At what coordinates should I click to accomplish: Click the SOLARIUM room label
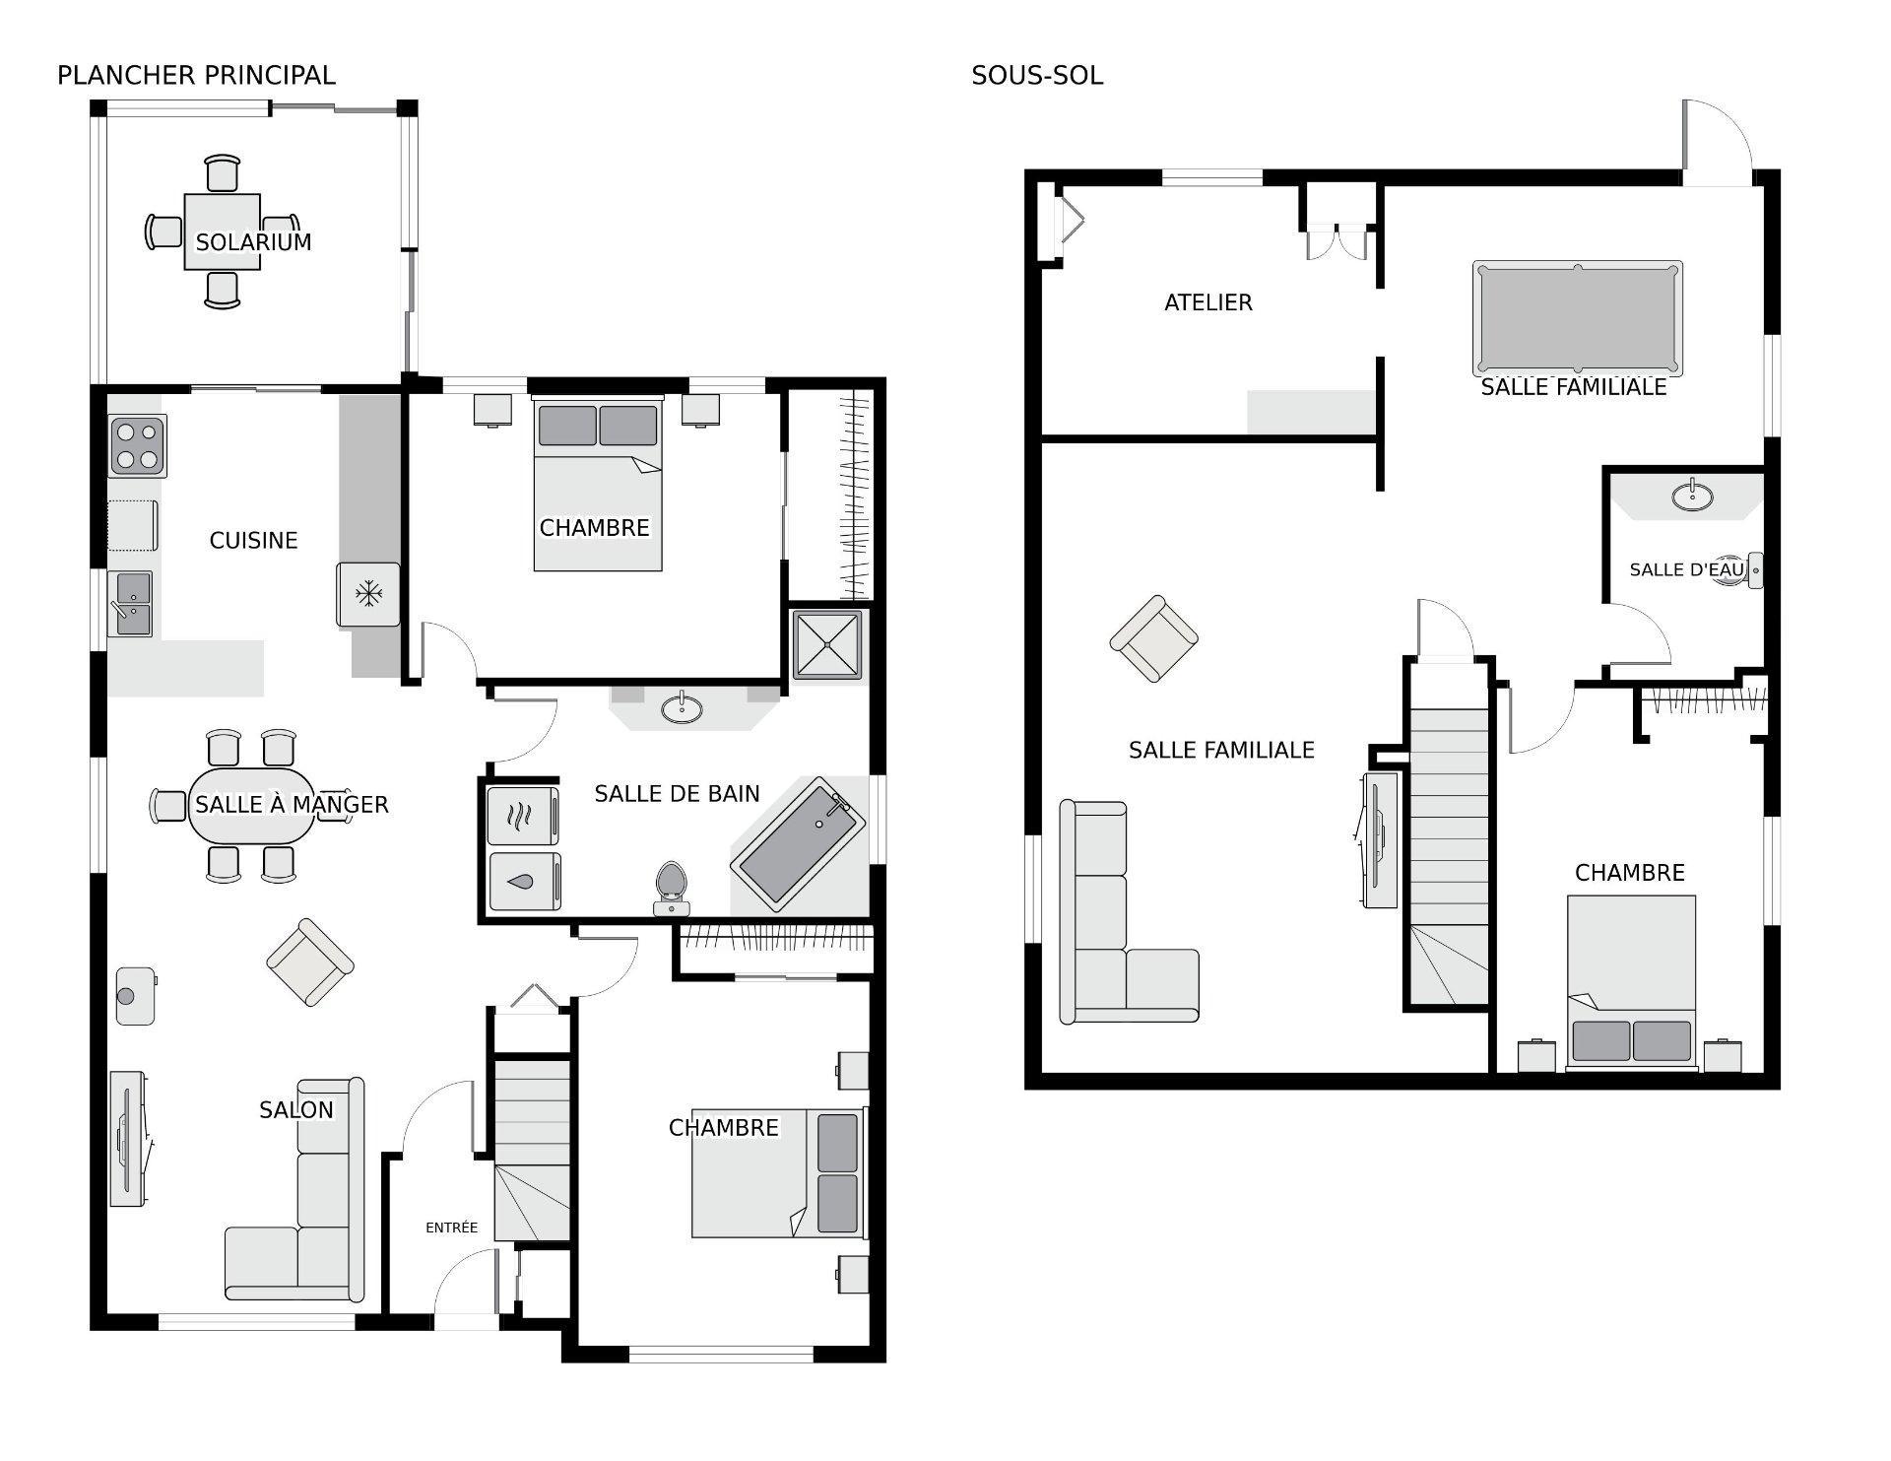coord(253,242)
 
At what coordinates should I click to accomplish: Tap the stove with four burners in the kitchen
coord(137,446)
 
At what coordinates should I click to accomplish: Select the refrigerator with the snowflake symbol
coord(368,594)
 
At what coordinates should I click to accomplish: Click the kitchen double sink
coord(130,604)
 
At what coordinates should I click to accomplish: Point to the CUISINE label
coord(253,540)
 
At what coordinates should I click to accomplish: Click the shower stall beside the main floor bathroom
coord(828,645)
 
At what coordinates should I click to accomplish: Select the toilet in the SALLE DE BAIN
coord(672,889)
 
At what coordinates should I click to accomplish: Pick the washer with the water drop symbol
coord(524,882)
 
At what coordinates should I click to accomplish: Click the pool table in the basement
coord(1577,318)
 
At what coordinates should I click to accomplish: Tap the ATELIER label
coord(1207,302)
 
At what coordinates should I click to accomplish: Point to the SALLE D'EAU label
coord(1686,569)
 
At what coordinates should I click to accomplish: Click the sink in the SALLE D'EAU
coord(1692,495)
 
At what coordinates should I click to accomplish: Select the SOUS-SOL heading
coord(1037,76)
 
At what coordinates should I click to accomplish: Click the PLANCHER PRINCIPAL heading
coord(196,75)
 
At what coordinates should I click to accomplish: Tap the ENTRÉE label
coord(451,1228)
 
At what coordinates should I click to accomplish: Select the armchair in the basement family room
coord(1154,638)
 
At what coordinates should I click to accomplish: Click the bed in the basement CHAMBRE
coord(1631,982)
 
